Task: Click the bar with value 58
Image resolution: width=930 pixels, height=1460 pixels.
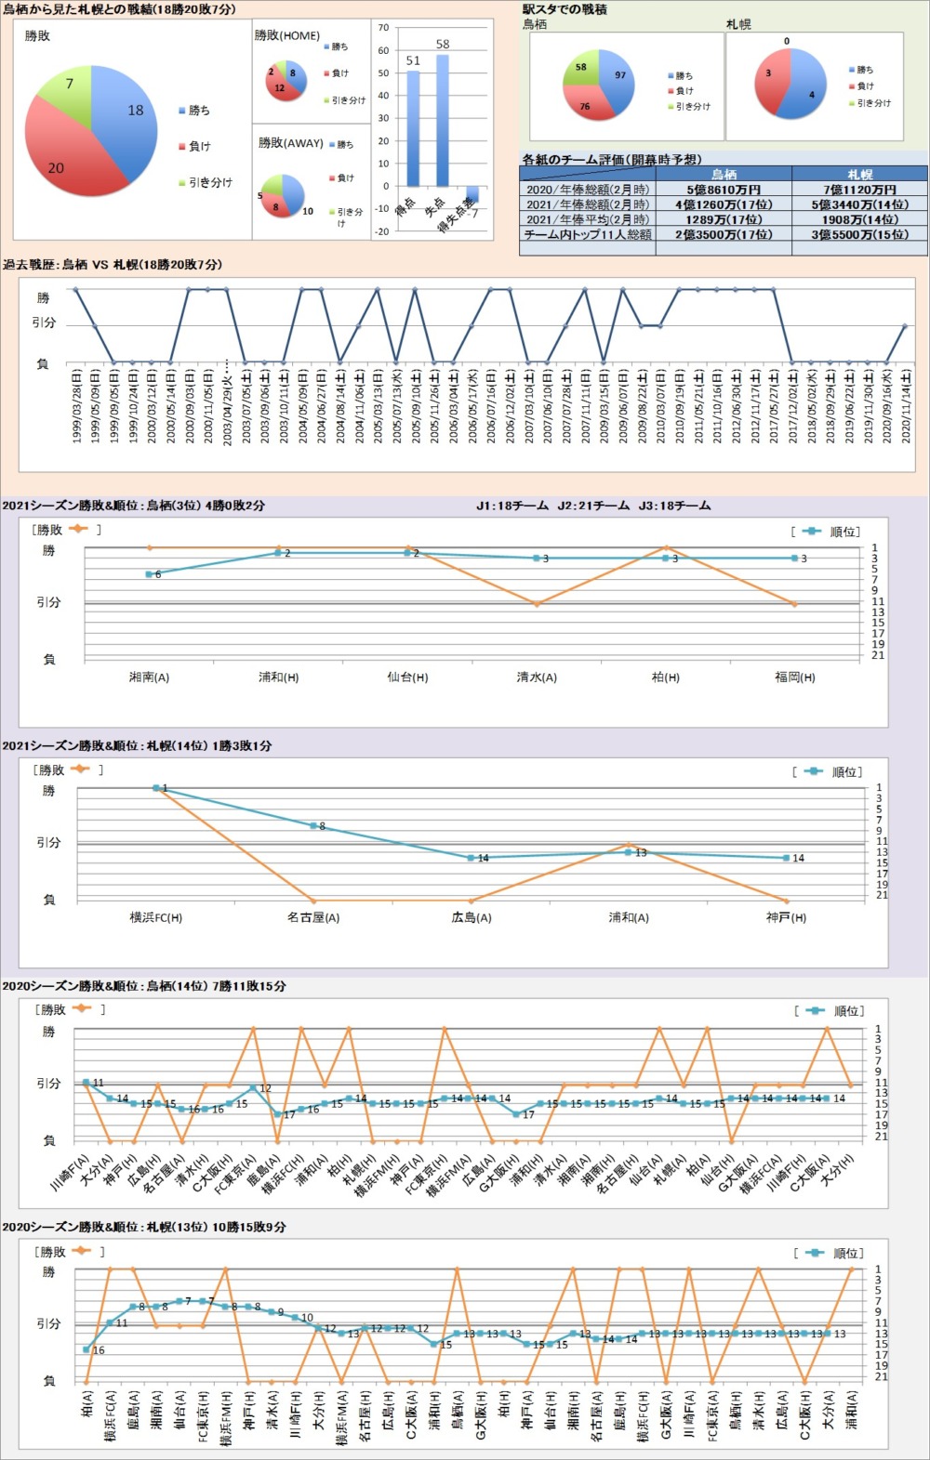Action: [x=442, y=121]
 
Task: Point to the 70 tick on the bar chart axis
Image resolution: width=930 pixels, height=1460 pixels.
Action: [x=383, y=28]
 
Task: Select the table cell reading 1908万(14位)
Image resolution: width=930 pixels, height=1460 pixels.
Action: [x=859, y=219]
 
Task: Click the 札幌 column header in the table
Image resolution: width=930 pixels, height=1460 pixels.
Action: [x=859, y=175]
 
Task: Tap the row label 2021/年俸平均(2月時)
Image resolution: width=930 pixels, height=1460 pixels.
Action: [x=587, y=219]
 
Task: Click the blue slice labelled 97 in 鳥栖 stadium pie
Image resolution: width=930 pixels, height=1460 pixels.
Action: [x=616, y=79]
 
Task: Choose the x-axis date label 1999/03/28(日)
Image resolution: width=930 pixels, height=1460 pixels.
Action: [x=76, y=405]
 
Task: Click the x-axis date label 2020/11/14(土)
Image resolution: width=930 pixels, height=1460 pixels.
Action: [x=905, y=405]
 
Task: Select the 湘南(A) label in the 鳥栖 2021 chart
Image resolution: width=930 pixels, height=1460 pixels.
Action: [x=149, y=677]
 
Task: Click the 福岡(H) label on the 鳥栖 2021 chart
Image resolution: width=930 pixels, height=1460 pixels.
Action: [x=794, y=677]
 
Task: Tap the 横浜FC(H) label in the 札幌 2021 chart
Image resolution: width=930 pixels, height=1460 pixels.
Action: [x=156, y=917]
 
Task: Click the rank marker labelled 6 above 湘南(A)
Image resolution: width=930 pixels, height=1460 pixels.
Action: [x=149, y=574]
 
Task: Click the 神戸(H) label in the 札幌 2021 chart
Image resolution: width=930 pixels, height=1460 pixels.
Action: [x=786, y=917]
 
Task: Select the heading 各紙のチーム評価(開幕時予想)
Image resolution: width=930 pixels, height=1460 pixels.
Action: [x=611, y=160]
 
